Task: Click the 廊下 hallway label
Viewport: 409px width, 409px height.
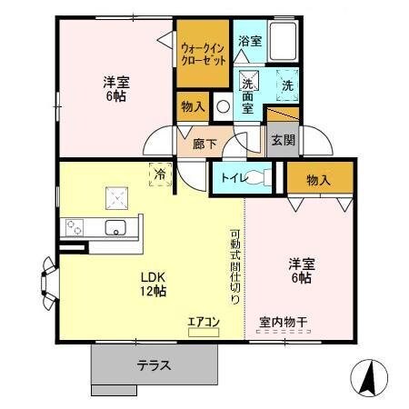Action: [204, 144]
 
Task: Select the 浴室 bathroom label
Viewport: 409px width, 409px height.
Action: [250, 41]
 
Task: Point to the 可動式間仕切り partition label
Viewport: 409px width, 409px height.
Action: [234, 264]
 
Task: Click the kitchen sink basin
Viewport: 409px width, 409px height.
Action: [115, 226]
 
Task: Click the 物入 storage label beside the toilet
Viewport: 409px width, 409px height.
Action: [317, 180]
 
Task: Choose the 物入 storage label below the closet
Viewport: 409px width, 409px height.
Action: [193, 107]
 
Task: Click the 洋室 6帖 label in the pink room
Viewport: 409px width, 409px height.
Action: [301, 270]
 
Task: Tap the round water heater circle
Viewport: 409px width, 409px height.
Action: [224, 106]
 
